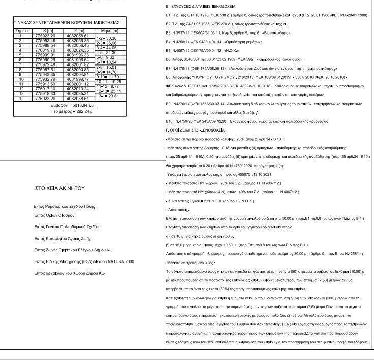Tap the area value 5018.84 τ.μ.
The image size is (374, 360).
70,104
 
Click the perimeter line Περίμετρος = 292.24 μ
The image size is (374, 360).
68,109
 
